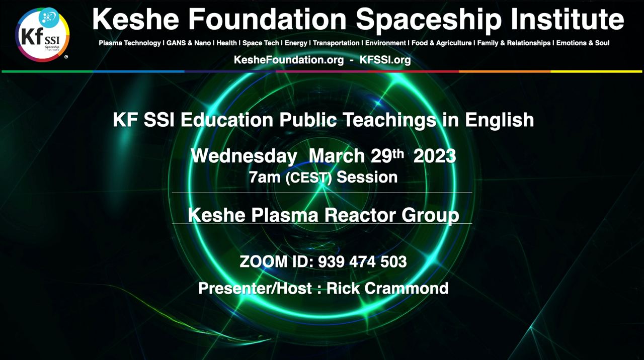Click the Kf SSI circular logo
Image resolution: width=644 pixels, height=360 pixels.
[42, 35]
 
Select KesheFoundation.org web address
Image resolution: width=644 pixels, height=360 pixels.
[289, 60]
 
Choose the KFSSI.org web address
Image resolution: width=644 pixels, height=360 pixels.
[385, 60]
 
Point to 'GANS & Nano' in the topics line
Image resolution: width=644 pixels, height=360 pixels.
[189, 43]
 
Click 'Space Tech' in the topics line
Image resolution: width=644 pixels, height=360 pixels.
[261, 43]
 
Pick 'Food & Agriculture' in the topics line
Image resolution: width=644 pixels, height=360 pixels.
[442, 43]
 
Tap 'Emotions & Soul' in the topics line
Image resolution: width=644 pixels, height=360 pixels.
[583, 43]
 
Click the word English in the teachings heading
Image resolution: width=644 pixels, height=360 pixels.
[500, 120]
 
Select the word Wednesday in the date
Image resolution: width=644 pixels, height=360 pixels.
[244, 156]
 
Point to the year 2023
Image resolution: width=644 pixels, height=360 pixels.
[435, 156]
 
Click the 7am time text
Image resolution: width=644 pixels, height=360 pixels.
[265, 177]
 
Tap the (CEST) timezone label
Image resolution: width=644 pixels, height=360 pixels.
[309, 177]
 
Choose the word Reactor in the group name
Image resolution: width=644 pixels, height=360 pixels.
[360, 215]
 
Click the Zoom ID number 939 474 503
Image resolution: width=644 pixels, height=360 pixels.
[362, 262]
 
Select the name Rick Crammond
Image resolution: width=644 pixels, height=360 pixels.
[387, 288]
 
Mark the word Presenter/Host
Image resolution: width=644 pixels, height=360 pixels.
[255, 288]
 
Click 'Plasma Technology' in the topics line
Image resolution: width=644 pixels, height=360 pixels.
[130, 43]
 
